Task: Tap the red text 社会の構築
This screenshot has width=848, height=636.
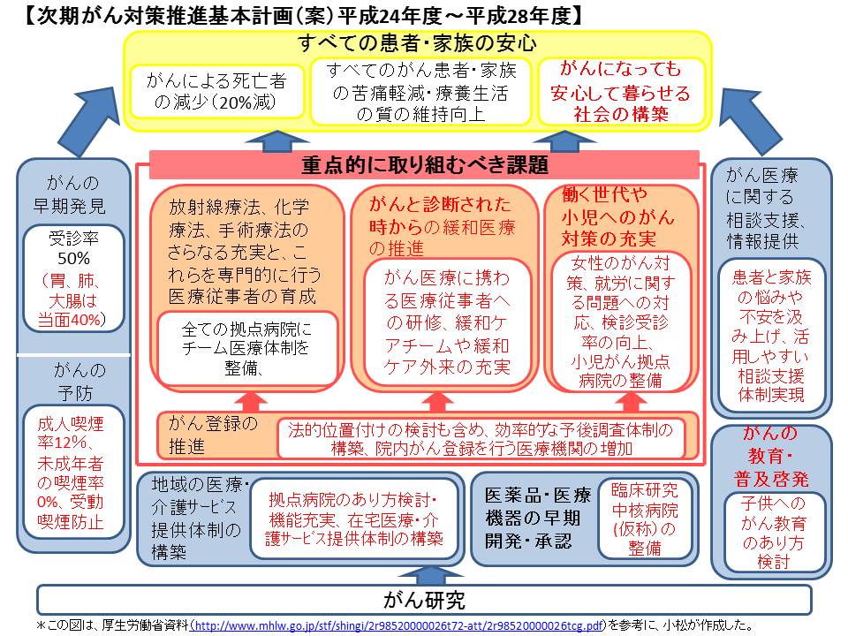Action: [x=622, y=114]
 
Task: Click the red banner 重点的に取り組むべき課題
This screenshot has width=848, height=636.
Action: [x=425, y=165]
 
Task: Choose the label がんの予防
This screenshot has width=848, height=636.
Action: [x=74, y=381]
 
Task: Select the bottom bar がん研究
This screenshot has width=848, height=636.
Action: [x=424, y=602]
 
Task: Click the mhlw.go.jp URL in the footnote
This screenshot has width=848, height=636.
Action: [x=398, y=625]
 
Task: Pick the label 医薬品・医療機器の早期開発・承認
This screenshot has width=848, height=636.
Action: [x=531, y=517]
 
